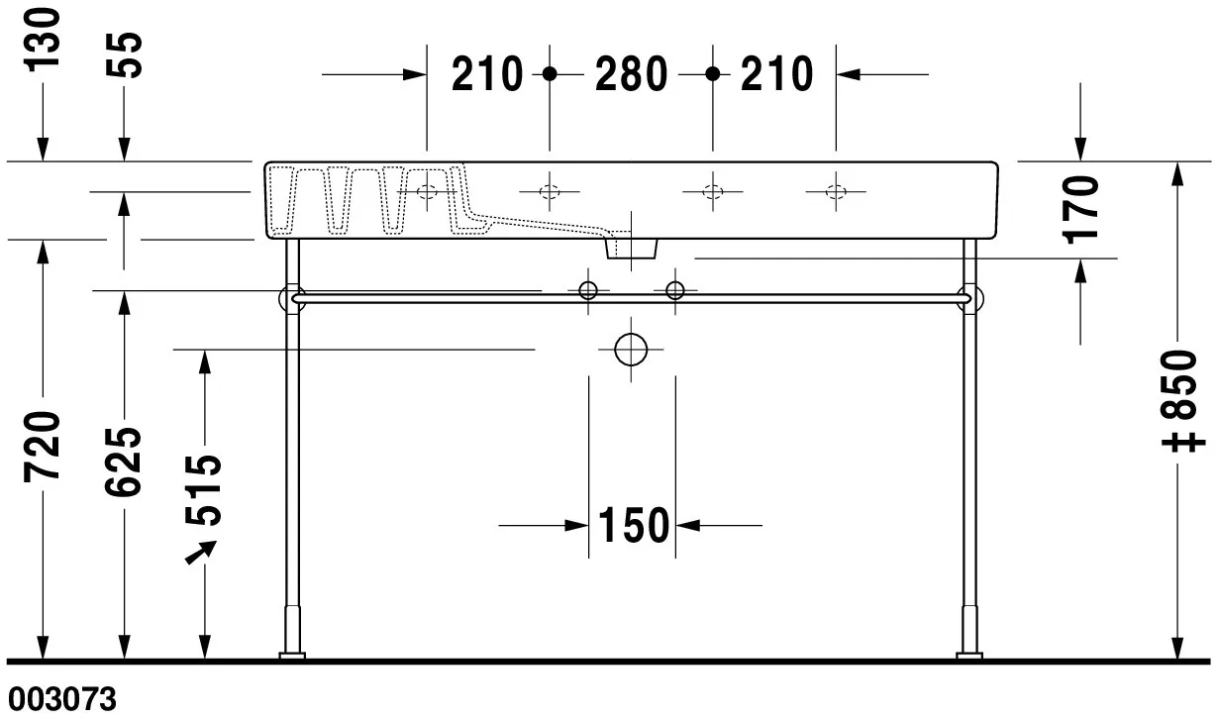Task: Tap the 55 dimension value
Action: click(x=126, y=54)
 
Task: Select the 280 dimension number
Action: click(x=631, y=74)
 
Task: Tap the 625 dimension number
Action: click(x=126, y=461)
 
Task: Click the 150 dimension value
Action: click(x=633, y=526)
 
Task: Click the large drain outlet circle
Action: click(x=631, y=350)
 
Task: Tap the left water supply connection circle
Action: click(x=588, y=290)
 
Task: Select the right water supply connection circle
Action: click(x=674, y=290)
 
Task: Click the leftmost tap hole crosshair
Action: click(x=427, y=190)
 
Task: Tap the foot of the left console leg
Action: click(x=291, y=654)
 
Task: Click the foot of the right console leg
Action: click(x=967, y=654)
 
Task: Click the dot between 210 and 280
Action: click(x=551, y=74)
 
